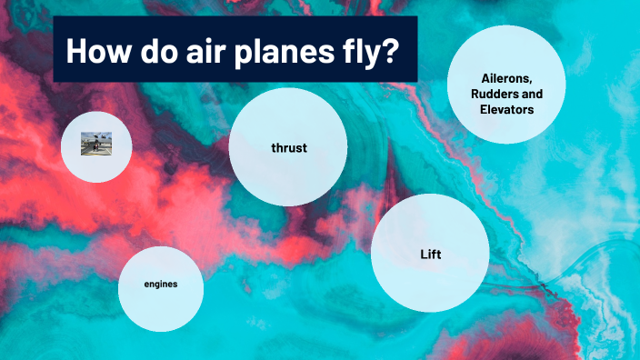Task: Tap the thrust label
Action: [288, 147]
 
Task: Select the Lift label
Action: [430, 255]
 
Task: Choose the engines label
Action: [161, 285]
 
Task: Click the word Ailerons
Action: [506, 78]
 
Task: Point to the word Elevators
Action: [506, 109]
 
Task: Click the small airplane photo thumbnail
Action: [95, 145]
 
